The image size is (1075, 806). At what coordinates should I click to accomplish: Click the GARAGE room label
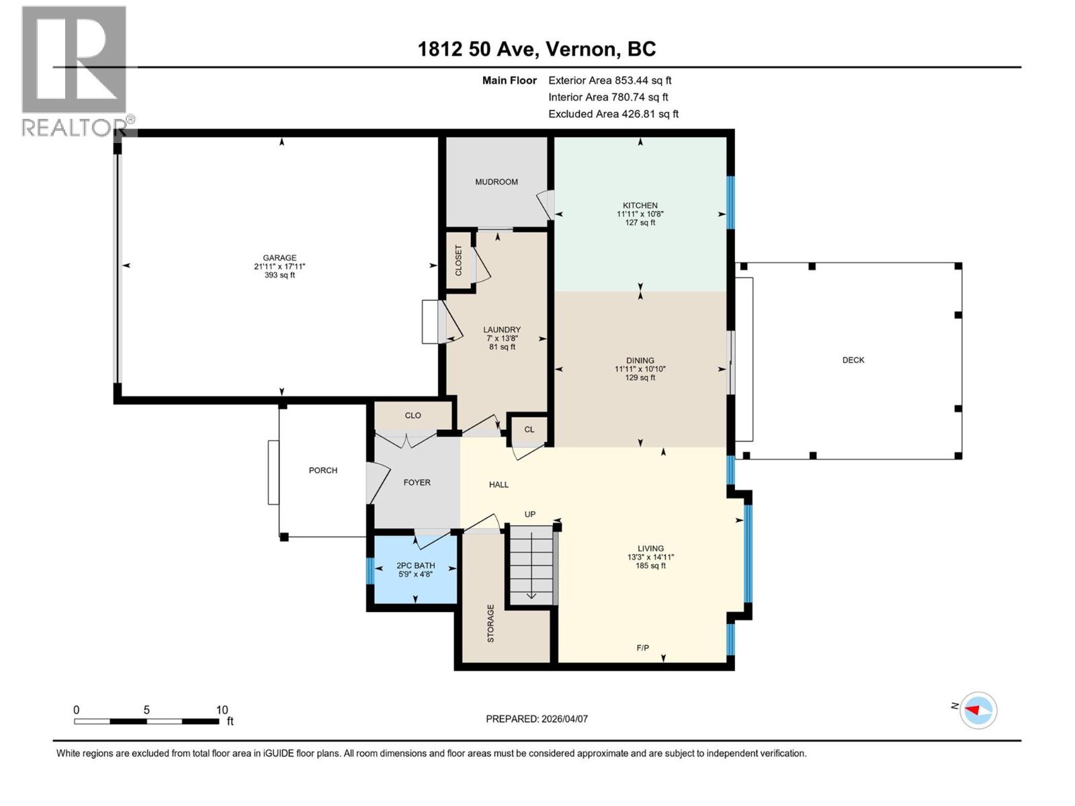coord(279,258)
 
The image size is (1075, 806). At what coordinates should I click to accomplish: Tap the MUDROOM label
coord(497,182)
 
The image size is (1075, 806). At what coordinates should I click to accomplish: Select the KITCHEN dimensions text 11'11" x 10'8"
coord(640,214)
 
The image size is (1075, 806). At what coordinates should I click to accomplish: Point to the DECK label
coord(853,360)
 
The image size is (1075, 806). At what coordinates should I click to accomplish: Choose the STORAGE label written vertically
coord(490,623)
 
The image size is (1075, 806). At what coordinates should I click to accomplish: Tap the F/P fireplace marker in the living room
coord(643,648)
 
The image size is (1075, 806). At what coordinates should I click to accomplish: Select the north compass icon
coord(978,710)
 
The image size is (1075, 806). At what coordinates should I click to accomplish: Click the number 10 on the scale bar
coord(222,710)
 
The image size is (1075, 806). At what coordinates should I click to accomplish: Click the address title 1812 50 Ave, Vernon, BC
coord(537,49)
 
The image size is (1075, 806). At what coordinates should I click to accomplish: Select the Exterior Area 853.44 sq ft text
coord(610,81)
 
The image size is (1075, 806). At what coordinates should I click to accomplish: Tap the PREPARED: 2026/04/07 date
coord(537,719)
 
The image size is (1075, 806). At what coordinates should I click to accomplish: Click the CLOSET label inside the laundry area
coord(459,261)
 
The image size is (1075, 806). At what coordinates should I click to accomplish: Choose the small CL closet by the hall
coord(529,430)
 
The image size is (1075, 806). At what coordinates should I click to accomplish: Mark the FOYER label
coord(417,483)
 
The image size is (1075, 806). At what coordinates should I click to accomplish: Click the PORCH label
coord(323,471)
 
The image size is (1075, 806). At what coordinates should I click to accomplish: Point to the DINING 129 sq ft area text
coord(640,377)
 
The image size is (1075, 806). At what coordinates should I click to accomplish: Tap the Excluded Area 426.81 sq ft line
coord(613,114)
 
